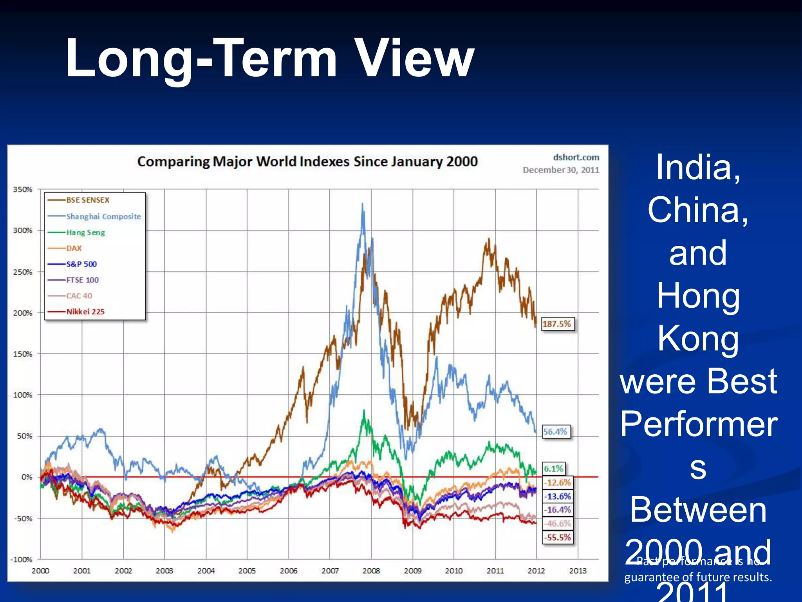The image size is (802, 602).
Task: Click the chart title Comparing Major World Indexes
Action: [307, 161]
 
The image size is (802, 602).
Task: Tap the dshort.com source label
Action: [576, 157]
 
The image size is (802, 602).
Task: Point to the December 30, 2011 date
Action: [561, 170]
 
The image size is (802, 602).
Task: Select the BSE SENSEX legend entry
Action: [88, 200]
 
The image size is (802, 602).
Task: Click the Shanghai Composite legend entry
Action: [103, 216]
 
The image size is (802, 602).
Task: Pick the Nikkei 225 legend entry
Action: [85, 312]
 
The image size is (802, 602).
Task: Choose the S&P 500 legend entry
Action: [81, 264]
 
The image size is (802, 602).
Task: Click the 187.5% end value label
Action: [557, 324]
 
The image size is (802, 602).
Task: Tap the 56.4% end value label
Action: [555, 432]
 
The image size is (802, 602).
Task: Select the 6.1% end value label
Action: [553, 468]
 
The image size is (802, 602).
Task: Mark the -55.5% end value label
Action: [558, 537]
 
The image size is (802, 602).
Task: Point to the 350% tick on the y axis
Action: [23, 190]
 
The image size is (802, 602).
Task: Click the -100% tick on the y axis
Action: [21, 559]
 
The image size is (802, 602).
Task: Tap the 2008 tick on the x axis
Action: [371, 571]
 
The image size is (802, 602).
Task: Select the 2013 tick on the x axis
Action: [578, 571]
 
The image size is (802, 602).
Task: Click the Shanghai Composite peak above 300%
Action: [362, 205]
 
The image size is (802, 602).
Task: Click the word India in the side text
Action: [698, 168]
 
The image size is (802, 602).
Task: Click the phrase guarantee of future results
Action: [698, 577]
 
